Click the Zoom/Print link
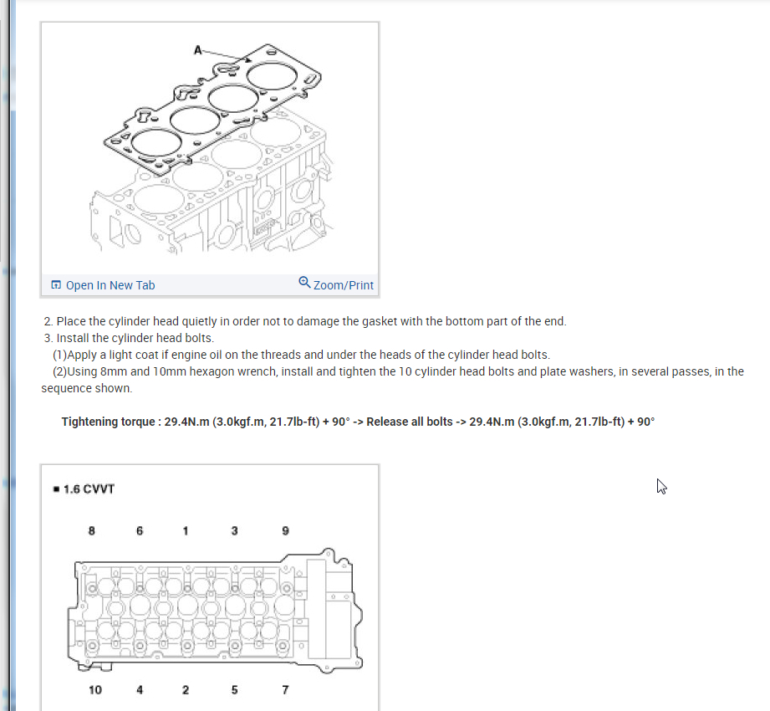tap(344, 285)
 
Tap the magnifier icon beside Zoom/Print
tap(304, 283)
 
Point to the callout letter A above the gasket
tap(197, 50)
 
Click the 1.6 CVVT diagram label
tap(89, 488)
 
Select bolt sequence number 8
tap(91, 530)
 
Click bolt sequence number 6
tap(140, 530)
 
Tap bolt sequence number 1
tap(185, 530)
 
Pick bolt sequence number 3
tap(234, 530)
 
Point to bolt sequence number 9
tap(285, 530)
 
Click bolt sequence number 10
tap(95, 690)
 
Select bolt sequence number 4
tap(140, 690)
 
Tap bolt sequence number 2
tap(185, 690)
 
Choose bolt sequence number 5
tap(234, 690)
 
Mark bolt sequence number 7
tap(285, 690)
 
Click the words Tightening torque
tap(108, 422)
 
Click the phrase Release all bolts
tap(410, 422)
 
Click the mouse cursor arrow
tap(661, 487)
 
